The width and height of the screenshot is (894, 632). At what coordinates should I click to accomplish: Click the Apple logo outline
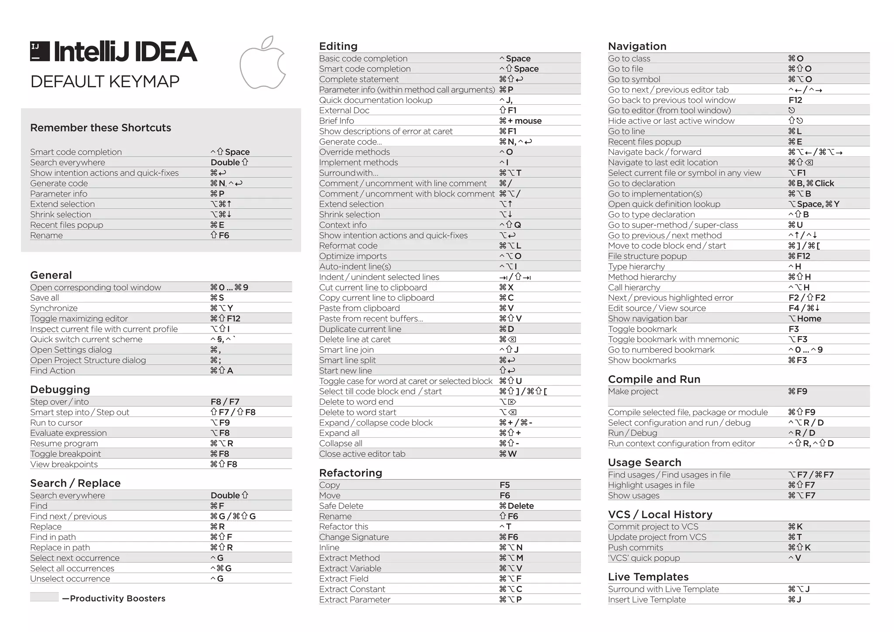coord(263,64)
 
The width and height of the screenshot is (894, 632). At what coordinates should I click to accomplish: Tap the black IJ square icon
coord(40,51)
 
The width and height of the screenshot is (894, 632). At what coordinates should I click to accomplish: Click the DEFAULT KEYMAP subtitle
coord(105,82)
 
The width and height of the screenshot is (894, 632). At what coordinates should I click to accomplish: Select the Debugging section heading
coord(60,389)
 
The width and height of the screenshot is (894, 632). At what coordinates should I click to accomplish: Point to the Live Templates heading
coord(648,577)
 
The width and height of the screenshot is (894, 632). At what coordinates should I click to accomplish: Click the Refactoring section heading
coord(351,473)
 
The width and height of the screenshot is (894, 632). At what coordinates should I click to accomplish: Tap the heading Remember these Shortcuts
coord(100,128)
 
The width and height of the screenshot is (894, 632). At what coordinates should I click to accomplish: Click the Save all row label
coord(45,298)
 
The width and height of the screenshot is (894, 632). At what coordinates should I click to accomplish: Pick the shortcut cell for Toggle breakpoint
coord(220,454)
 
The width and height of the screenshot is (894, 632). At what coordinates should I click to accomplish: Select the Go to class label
coord(629,58)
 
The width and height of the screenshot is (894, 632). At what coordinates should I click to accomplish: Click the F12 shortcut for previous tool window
coord(795,100)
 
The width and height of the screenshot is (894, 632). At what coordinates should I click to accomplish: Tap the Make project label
coord(633,392)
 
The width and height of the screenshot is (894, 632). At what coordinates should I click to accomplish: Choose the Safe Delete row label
coord(341,506)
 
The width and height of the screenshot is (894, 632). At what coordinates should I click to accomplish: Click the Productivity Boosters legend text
coord(117,598)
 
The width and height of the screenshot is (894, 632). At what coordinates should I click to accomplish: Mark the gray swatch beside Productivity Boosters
coord(44,597)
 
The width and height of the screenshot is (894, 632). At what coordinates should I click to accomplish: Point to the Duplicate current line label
coord(360,329)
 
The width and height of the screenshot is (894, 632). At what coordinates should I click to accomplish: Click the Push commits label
coord(635,547)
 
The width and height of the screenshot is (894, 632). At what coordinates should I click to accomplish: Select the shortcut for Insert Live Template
coord(794,599)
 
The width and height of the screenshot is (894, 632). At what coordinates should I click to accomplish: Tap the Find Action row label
coord(52,371)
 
